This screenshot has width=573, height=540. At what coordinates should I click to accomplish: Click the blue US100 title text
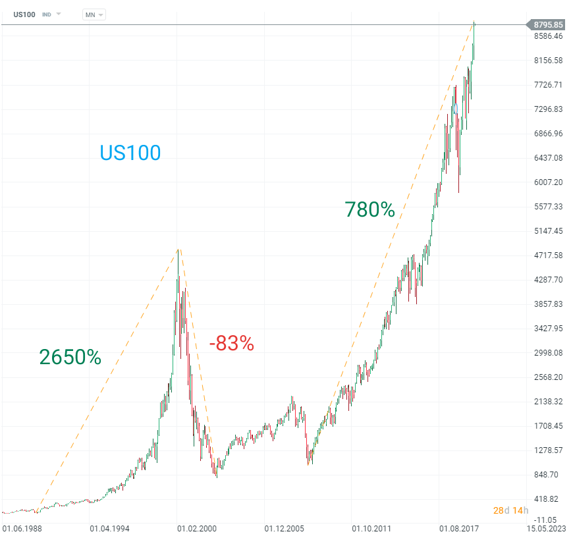click(x=130, y=153)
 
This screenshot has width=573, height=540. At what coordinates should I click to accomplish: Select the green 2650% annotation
click(x=70, y=357)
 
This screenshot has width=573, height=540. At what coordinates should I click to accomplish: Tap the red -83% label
click(x=231, y=343)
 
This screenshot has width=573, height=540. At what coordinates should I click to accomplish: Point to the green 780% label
click(x=369, y=209)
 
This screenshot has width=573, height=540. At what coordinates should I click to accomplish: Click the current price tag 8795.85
click(x=548, y=25)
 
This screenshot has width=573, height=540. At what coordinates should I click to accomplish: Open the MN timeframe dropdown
click(x=94, y=14)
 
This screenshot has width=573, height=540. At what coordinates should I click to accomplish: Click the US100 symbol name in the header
click(x=24, y=14)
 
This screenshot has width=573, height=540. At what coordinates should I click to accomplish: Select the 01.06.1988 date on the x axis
click(x=22, y=528)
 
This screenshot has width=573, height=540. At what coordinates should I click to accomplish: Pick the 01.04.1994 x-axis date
click(x=110, y=528)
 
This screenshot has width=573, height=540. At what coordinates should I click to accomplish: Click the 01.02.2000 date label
click(x=197, y=528)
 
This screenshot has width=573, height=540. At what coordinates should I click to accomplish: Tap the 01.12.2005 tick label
click(x=284, y=528)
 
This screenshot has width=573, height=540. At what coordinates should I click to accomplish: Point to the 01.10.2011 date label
click(x=371, y=528)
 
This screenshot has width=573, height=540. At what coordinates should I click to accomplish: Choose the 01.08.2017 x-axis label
click(x=459, y=528)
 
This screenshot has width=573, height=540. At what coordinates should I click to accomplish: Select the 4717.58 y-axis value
click(x=549, y=255)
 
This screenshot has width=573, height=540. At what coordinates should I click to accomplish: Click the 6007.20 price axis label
click(x=549, y=182)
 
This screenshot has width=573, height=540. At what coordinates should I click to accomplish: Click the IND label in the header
click(x=47, y=14)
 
